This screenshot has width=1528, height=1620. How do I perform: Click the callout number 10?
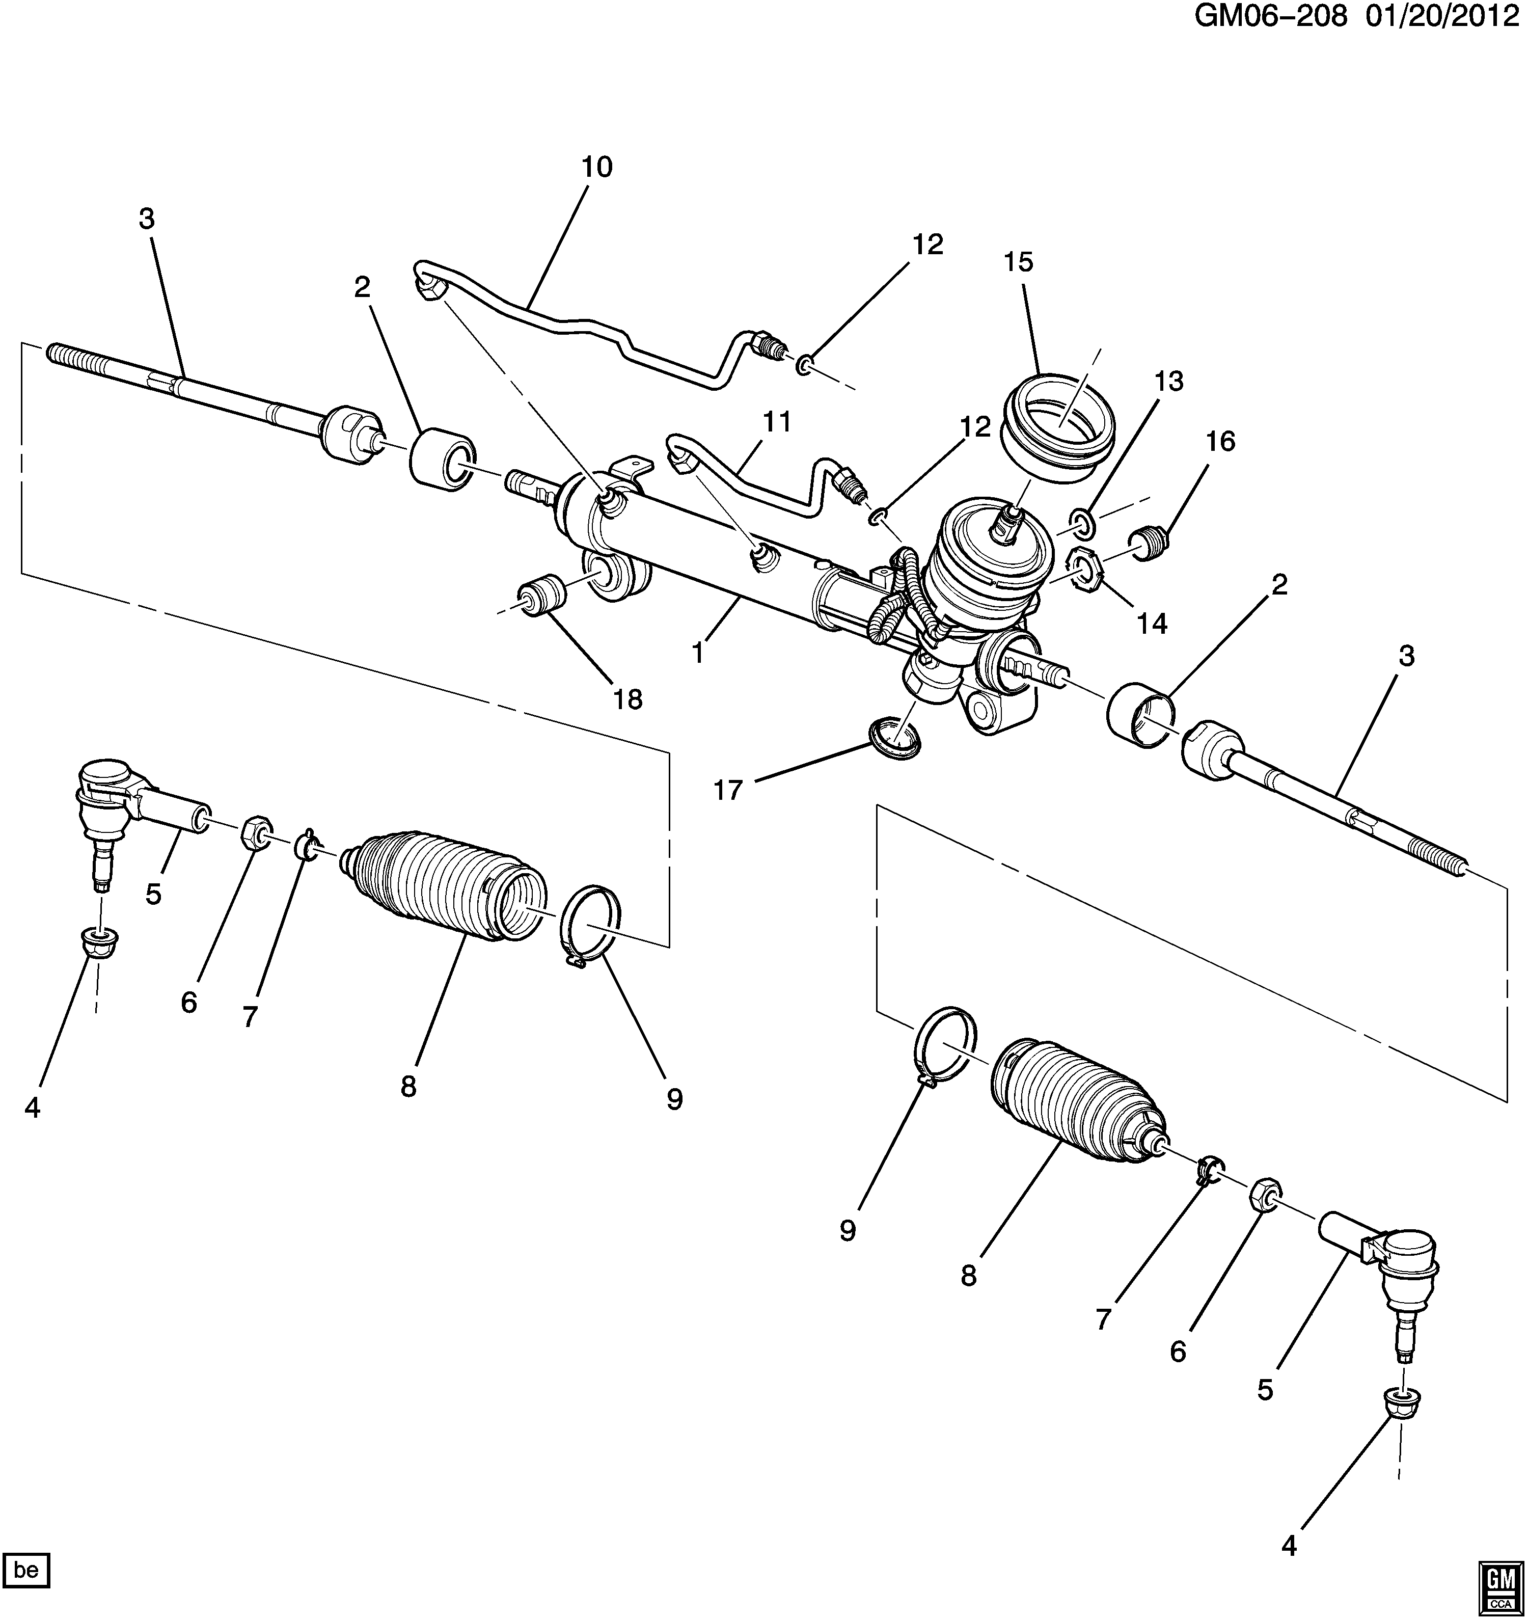(596, 167)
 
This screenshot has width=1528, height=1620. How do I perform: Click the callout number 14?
(1152, 624)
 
